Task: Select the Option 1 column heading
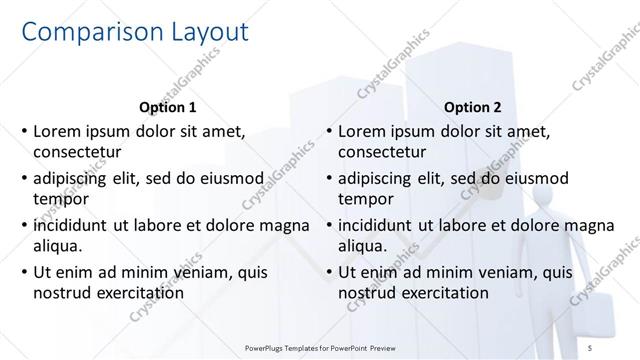166,107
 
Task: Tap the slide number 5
620,349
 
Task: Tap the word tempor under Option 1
60,199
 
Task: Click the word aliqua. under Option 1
59,246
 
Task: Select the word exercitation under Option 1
138,293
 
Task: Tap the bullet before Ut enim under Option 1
23,272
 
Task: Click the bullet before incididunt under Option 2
328,225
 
